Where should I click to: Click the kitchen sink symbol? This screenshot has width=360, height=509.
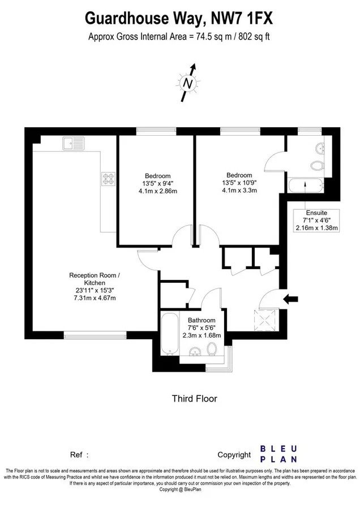point(74,144)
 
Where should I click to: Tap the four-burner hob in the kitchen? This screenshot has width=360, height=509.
point(109,179)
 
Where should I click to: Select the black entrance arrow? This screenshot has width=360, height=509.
point(290,299)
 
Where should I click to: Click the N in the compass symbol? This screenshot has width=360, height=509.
point(187,84)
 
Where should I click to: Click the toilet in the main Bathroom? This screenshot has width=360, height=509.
point(212,349)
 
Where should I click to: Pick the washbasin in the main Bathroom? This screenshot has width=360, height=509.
point(195,352)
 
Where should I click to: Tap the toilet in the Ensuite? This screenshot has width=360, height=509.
point(317,166)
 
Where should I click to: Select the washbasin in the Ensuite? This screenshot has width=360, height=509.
point(320,149)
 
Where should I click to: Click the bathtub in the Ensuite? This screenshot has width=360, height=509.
point(306,186)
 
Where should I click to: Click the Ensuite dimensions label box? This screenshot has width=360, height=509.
point(316,221)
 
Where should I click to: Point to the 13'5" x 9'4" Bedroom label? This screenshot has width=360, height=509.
point(158,183)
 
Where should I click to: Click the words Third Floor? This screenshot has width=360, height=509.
point(194,398)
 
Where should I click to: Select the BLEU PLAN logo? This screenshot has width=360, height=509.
point(278,454)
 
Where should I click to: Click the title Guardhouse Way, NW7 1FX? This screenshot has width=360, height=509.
point(179,18)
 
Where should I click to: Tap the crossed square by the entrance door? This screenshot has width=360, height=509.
point(265,320)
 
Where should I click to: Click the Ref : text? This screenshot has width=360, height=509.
point(79,455)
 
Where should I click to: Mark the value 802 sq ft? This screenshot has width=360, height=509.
point(254,37)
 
